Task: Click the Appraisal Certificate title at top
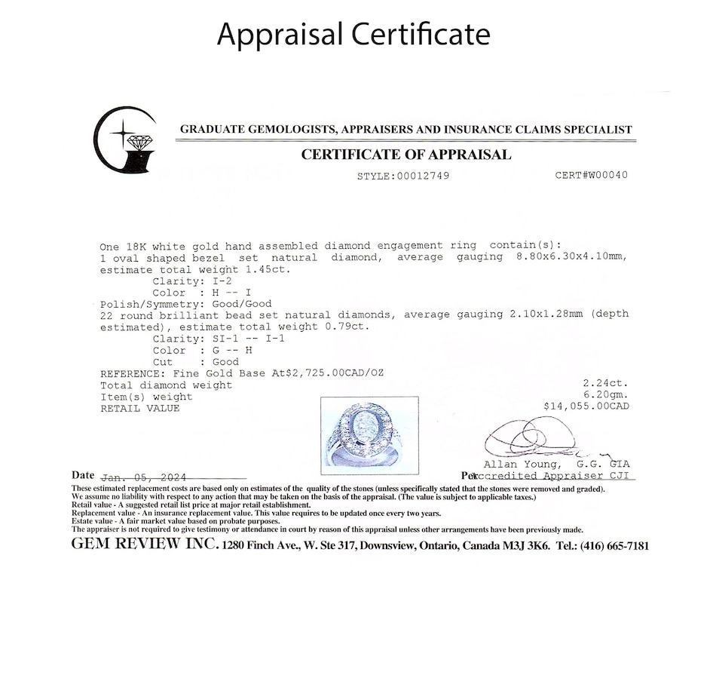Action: pyautogui.click(x=353, y=34)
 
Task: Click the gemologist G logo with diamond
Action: pyautogui.click(x=125, y=141)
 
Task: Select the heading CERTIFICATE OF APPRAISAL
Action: pyautogui.click(x=405, y=155)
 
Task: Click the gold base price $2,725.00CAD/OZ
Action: pyautogui.click(x=329, y=374)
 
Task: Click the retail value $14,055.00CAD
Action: pyautogui.click(x=586, y=406)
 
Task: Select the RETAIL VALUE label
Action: pyautogui.click(x=139, y=408)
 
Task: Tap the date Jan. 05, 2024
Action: pyautogui.click(x=142, y=477)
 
